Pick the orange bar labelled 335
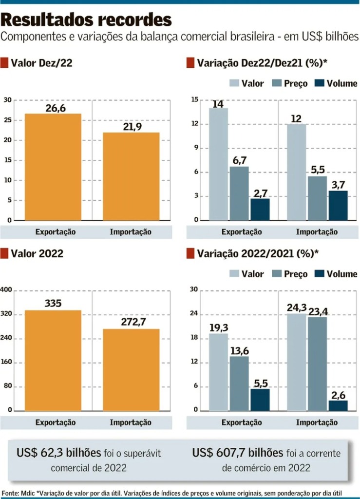53,360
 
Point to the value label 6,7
239,160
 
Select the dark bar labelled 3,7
338,205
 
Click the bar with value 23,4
317,364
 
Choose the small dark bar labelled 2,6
338,405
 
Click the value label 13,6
239,350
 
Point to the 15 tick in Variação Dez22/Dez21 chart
194,100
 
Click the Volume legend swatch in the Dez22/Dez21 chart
319,83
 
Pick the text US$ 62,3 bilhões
58,453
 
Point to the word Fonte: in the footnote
11,493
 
